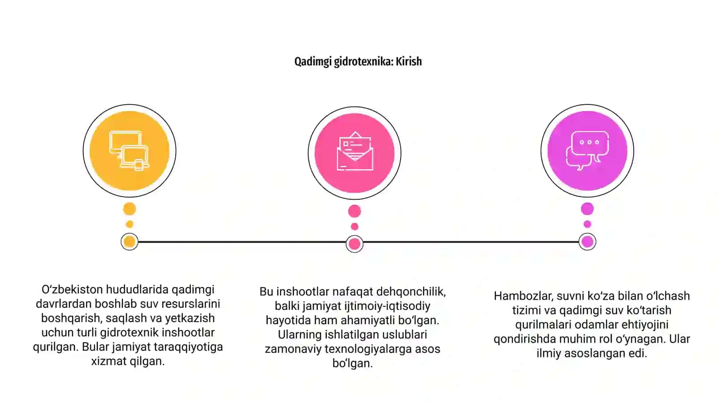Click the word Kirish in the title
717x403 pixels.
(x=409, y=61)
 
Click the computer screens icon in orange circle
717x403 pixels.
(x=130, y=150)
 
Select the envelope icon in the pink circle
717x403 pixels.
(x=354, y=151)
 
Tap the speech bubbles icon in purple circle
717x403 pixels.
(x=587, y=150)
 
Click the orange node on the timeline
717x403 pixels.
(x=130, y=242)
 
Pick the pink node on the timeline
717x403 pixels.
(x=354, y=244)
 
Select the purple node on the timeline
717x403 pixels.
(x=587, y=242)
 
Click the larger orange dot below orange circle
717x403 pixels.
(x=130, y=209)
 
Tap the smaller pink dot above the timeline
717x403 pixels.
(x=354, y=227)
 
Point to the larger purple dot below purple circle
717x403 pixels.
(x=587, y=209)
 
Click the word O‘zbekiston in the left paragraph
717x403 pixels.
(x=72, y=289)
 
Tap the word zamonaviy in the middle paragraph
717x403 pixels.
(x=293, y=349)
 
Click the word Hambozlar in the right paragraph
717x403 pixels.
(x=523, y=296)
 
